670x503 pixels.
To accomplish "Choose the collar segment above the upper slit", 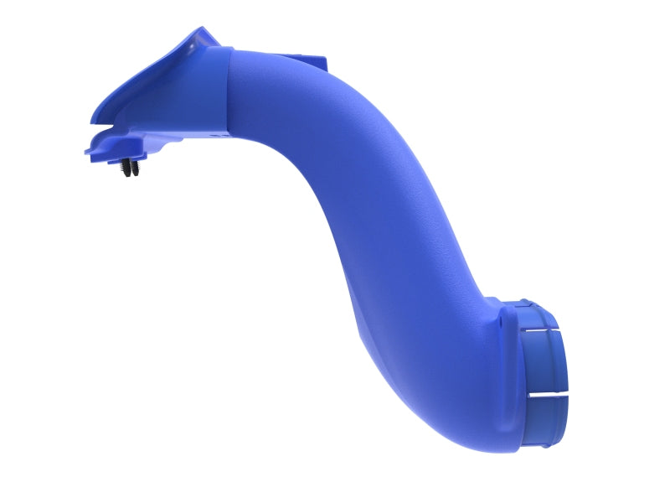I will click(x=536, y=312).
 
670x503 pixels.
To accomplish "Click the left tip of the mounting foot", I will click(x=87, y=153).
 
